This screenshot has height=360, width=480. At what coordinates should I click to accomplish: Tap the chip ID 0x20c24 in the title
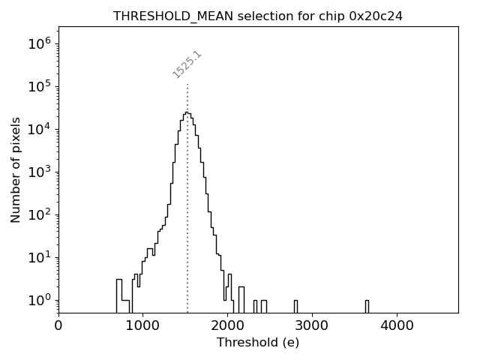tap(376, 16)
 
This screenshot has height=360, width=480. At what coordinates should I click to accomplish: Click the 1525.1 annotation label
tap(187, 64)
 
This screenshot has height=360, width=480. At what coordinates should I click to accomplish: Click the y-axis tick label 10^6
tap(39, 43)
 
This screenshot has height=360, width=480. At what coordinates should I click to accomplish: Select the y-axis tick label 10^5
tap(39, 86)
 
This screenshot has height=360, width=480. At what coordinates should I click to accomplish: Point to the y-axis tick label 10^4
tap(39, 129)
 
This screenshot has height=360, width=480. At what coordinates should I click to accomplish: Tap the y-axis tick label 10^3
tap(39, 172)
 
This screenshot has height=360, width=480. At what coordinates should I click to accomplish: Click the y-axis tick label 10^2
tap(39, 214)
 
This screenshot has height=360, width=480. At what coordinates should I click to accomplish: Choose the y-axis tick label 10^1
tap(39, 257)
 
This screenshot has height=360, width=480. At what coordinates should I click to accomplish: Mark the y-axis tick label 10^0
tap(39, 300)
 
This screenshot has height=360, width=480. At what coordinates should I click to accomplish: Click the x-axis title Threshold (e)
tap(258, 343)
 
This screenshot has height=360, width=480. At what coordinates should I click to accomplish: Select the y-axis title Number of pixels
tap(16, 169)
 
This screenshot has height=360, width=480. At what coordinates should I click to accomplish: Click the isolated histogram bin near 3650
tap(367, 306)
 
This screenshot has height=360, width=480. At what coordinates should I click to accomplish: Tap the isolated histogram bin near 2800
tap(295, 306)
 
